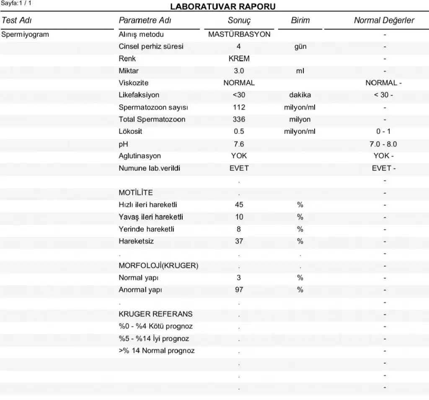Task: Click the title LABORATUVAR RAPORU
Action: click(222, 8)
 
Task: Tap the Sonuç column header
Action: click(239, 21)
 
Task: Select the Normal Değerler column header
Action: click(384, 21)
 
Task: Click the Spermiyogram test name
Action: click(25, 34)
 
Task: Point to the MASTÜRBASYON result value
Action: click(239, 34)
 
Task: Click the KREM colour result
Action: click(239, 59)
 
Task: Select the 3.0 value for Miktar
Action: click(239, 71)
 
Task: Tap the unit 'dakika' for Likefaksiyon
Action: click(300, 95)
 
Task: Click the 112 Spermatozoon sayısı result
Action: click(239, 107)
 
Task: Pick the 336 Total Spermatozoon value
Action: click(239, 119)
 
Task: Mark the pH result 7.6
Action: click(239, 144)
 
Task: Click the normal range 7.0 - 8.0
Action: click(383, 144)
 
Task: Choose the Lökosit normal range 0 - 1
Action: click(383, 131)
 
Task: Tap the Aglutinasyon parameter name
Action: click(140, 156)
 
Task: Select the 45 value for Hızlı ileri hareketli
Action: click(239, 205)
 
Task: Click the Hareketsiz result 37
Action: click(239, 241)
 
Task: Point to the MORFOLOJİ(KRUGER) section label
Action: click(158, 266)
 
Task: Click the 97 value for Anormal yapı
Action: click(239, 290)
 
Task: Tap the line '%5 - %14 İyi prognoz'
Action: click(154, 338)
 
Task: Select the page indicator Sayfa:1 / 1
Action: click(16, 3)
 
